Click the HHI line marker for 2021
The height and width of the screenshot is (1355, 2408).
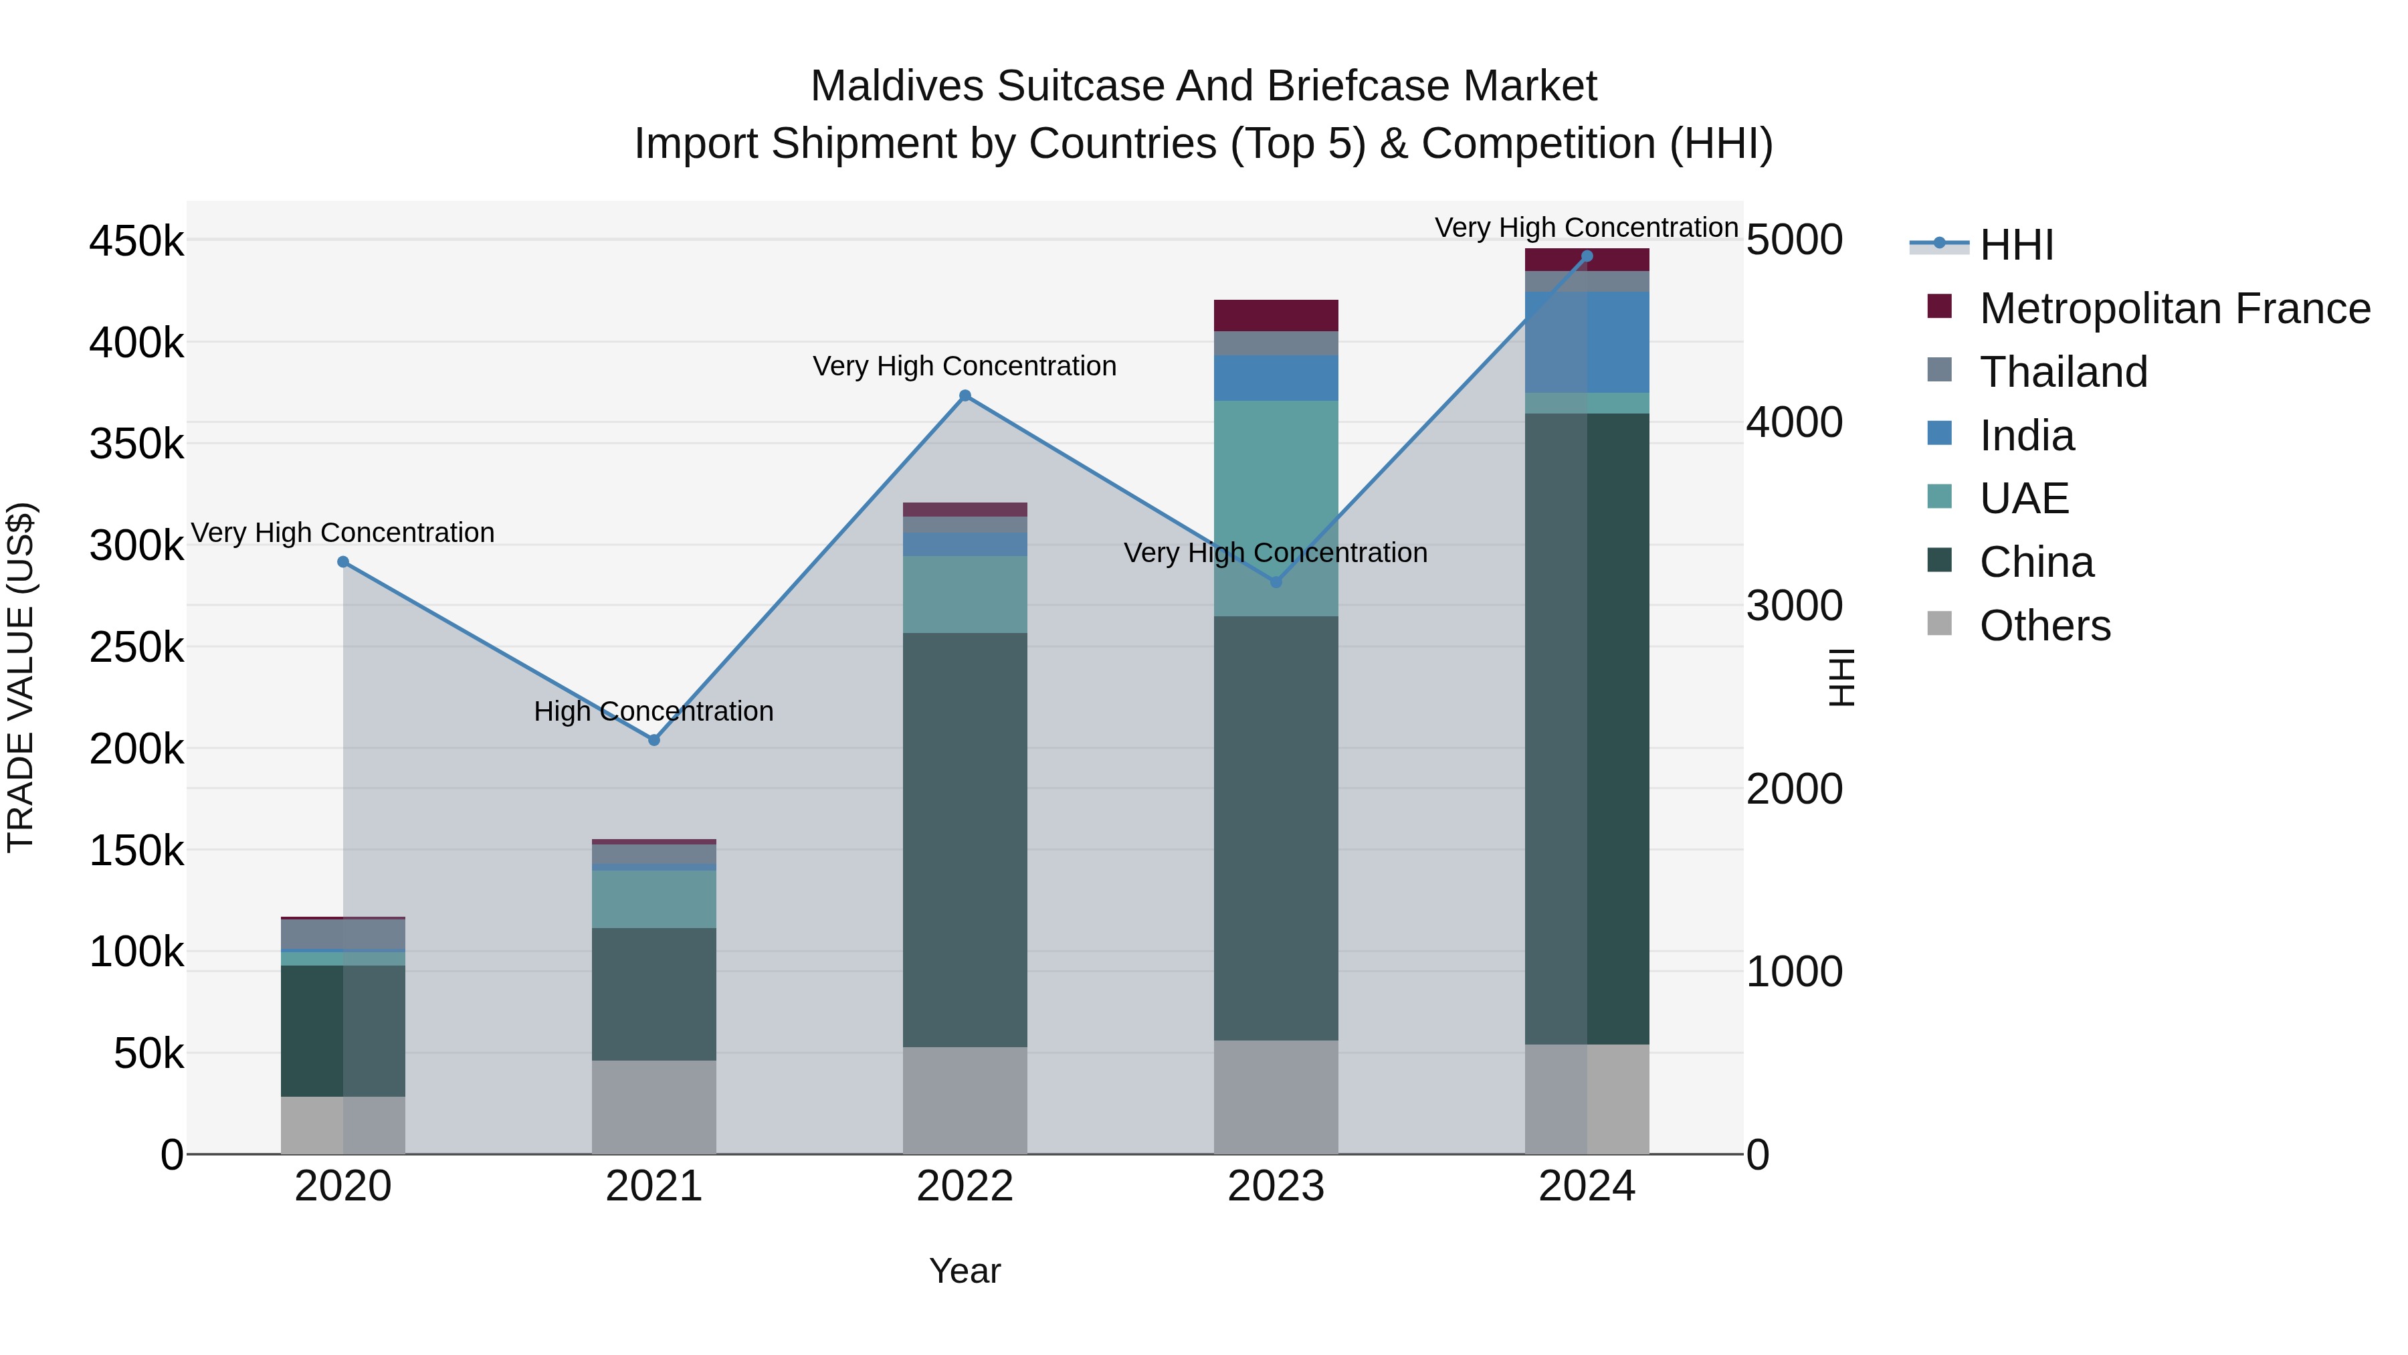654,739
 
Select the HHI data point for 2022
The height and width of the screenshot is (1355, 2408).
965,395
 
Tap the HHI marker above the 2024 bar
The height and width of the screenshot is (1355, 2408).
1587,256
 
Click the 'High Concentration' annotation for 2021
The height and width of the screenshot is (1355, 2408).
654,712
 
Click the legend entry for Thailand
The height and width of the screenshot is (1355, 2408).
2063,372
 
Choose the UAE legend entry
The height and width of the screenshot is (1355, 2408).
2024,499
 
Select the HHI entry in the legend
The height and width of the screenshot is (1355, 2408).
2016,245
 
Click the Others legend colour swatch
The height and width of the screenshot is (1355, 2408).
1940,624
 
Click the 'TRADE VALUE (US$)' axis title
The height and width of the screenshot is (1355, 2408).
21,677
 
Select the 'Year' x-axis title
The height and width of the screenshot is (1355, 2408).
965,1271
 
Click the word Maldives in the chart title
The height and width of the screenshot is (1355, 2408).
896,86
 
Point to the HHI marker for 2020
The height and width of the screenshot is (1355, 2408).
343,562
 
